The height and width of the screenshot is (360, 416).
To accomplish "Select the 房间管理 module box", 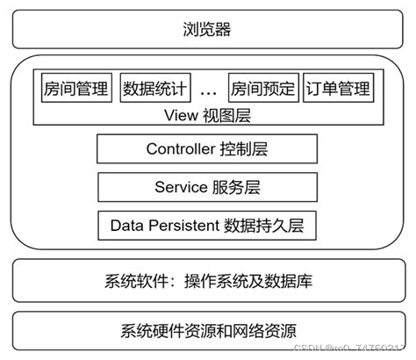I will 75,89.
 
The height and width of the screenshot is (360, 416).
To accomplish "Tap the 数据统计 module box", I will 154,89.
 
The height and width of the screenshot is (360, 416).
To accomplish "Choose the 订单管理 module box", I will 338,89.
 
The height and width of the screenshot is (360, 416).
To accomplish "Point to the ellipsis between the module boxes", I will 208,90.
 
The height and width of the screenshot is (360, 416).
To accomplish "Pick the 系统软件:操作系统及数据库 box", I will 207,283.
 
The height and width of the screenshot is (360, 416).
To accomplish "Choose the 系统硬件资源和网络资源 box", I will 207,331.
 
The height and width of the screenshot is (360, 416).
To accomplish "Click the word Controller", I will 180,149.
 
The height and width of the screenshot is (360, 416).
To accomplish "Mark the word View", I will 179,114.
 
